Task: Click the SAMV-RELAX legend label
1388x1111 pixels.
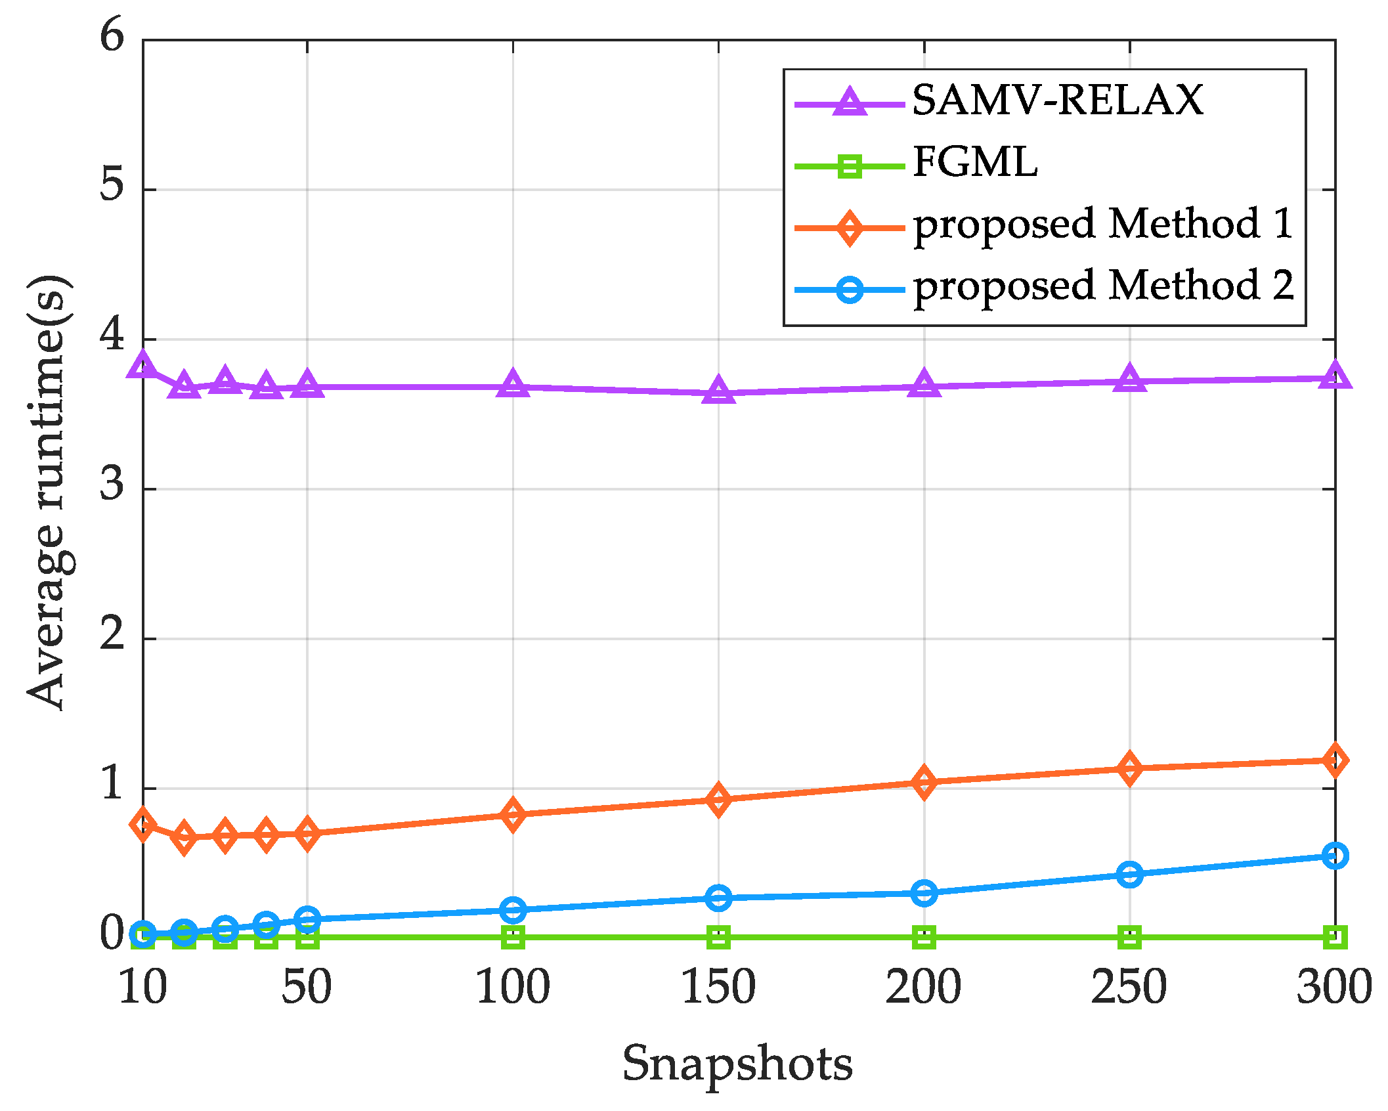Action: [1057, 100]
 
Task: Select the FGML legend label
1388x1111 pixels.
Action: [975, 162]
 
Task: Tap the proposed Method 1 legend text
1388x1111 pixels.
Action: [1103, 224]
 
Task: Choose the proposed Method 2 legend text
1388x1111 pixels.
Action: [1103, 286]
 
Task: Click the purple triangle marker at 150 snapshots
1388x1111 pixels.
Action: [718, 391]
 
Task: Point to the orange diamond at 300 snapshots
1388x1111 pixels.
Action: [1335, 760]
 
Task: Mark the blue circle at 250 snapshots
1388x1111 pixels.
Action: [1129, 874]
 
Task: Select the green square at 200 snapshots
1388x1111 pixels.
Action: [924, 937]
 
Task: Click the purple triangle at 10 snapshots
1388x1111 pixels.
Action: [143, 364]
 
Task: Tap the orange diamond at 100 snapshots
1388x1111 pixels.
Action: [513, 814]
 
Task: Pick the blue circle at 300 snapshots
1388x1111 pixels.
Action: [1335, 856]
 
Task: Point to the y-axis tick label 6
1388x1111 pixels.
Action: [112, 35]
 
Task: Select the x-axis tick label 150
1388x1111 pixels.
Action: [718, 987]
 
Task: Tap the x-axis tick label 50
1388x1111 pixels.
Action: [307, 987]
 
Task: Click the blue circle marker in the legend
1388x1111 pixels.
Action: [850, 289]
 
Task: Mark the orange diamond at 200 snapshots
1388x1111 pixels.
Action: [924, 782]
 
